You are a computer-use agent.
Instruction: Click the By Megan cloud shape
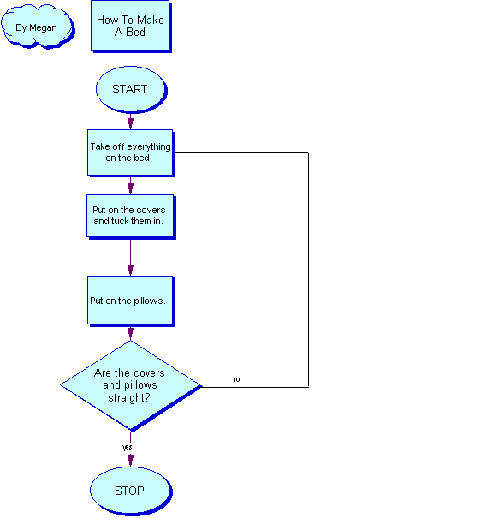(x=38, y=27)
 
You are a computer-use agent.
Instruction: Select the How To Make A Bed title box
(x=131, y=27)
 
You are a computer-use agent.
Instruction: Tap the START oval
(x=132, y=90)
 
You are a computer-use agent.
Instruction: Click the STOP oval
(x=131, y=491)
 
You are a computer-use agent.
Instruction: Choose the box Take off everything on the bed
(x=131, y=153)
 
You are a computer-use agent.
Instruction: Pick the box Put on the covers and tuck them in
(x=131, y=217)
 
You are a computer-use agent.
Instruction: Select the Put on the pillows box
(x=131, y=301)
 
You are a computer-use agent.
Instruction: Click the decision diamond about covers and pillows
(x=131, y=386)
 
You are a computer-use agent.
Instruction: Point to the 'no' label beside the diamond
(x=236, y=379)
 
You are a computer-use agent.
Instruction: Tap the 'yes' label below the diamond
(x=128, y=447)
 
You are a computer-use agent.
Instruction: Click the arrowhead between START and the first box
(x=130, y=123)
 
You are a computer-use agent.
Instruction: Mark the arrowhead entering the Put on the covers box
(x=130, y=188)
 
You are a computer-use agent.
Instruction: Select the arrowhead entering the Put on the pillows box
(x=130, y=270)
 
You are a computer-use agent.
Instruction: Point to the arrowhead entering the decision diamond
(x=130, y=334)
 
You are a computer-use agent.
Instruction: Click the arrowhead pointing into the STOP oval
(x=130, y=460)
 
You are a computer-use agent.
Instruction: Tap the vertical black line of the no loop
(x=308, y=270)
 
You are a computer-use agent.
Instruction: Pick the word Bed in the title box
(x=136, y=32)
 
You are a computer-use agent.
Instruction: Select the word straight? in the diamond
(x=129, y=398)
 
